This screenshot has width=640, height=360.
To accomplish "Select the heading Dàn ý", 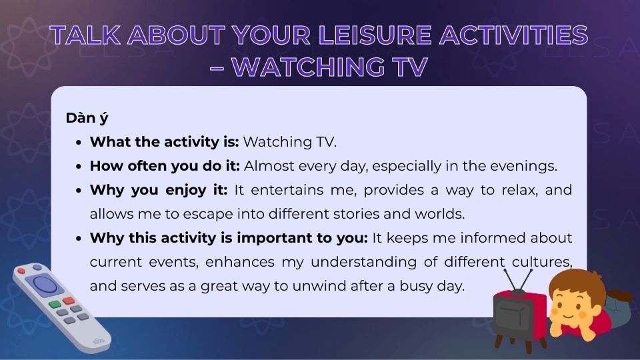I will point(87,118).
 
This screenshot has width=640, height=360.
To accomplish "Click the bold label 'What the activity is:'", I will point(164,141).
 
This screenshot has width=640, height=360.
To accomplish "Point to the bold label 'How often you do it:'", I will point(164,165).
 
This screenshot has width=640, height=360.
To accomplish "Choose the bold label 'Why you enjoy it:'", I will point(159,189).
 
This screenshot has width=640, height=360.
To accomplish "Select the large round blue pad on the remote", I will point(45,285).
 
